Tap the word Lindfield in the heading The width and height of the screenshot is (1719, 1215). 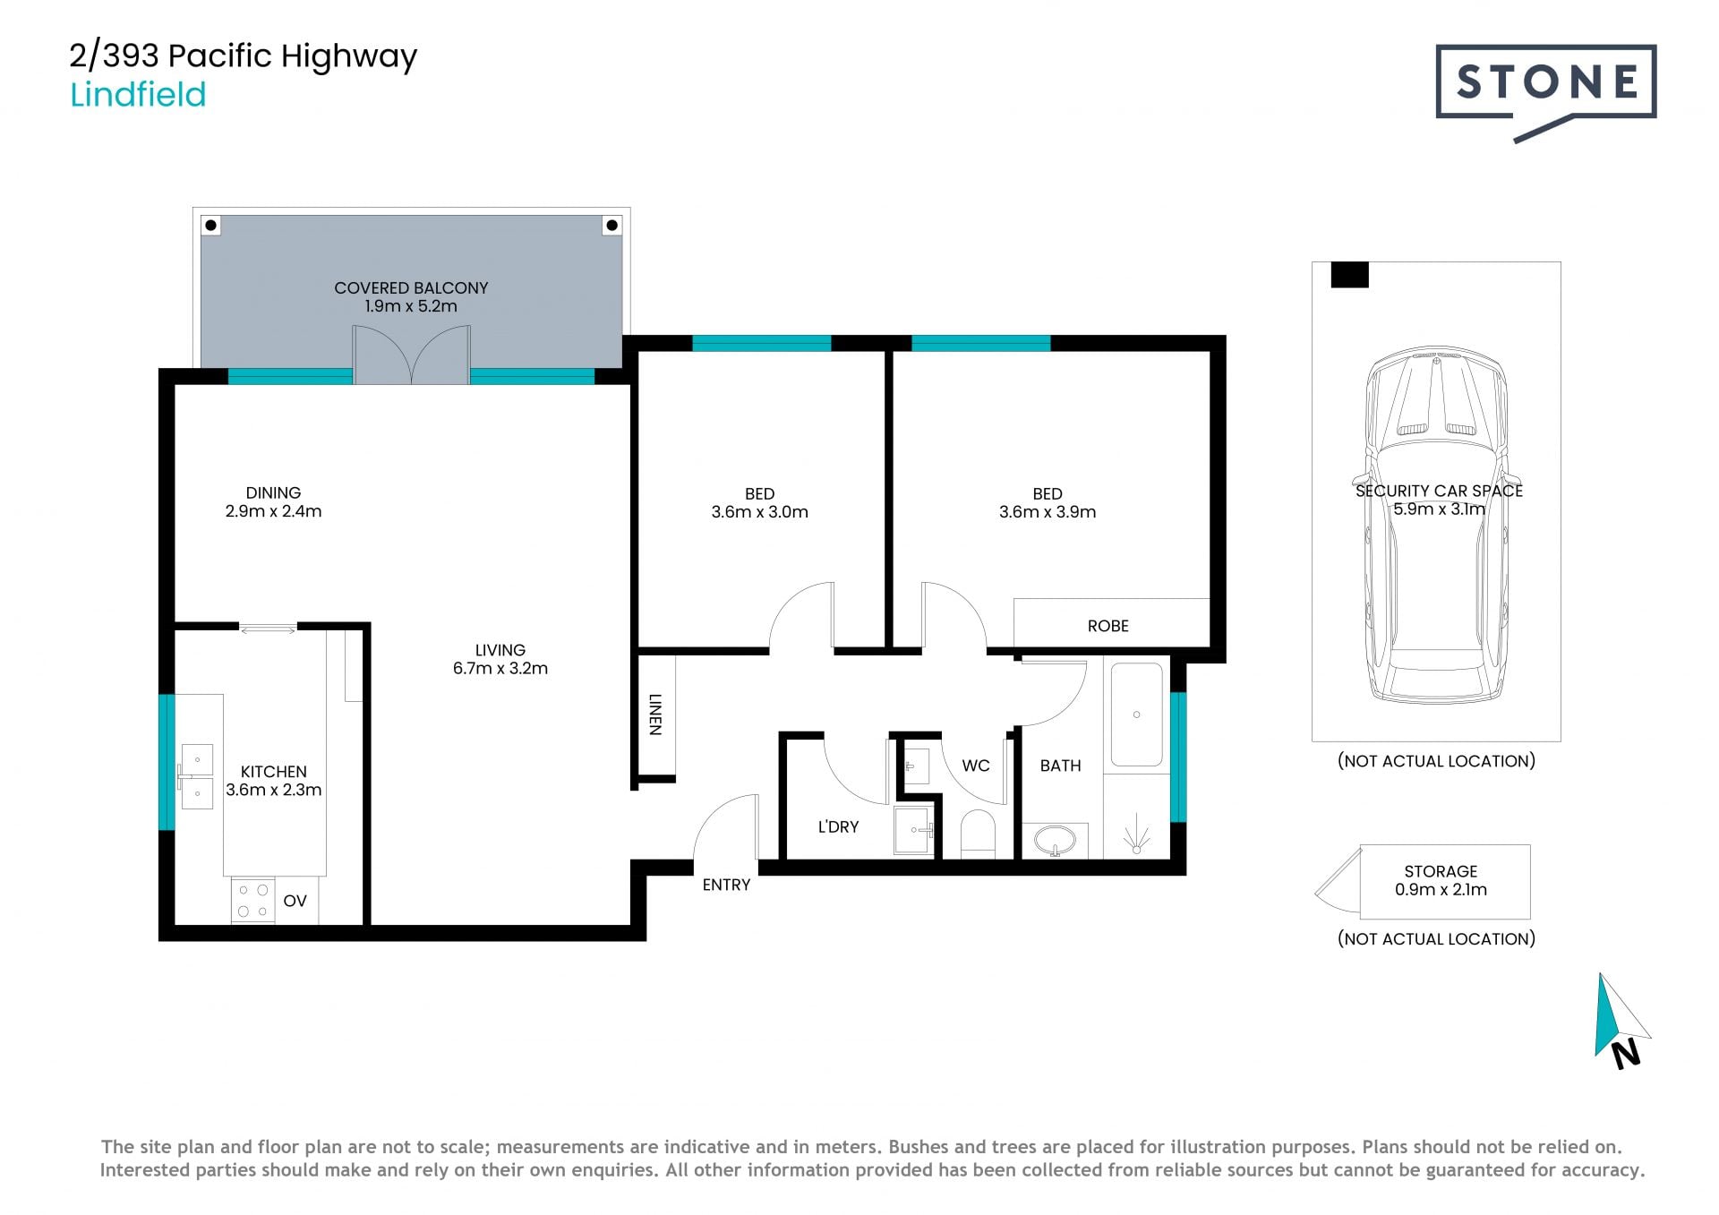tap(138, 94)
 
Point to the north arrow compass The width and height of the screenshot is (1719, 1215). tap(1622, 1021)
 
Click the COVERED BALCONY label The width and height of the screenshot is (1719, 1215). tap(411, 287)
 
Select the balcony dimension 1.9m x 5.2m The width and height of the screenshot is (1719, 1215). tap(411, 306)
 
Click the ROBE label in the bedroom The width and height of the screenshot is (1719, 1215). tap(1108, 626)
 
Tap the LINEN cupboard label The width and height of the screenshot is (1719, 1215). tap(655, 714)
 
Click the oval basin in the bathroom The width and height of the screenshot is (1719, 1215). tap(1055, 841)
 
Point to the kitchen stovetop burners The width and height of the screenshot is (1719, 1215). tap(252, 901)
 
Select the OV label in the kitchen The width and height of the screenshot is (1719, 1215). tap(295, 901)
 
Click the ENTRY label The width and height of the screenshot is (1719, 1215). tap(726, 885)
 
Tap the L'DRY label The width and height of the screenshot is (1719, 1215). tap(838, 826)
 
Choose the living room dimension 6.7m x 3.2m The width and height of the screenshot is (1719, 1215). tap(500, 668)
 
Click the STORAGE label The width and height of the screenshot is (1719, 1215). tap(1441, 871)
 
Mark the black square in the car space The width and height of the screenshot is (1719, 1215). tap(1350, 275)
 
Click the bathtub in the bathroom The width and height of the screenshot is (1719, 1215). tap(1136, 714)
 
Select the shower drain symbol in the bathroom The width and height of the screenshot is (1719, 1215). tap(1136, 834)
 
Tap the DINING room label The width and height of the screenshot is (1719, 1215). tap(273, 492)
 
